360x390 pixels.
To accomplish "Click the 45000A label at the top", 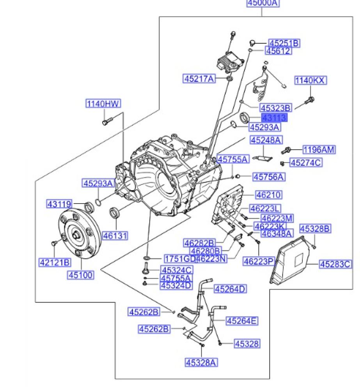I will [x=263, y=3].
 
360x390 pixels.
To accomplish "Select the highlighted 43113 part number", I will [x=274, y=118].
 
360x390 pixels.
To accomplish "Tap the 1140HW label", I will [x=103, y=104].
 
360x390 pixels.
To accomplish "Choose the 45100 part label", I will [x=82, y=275].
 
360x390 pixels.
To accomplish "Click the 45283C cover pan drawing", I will [x=292, y=259].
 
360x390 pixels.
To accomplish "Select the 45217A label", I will [x=199, y=79].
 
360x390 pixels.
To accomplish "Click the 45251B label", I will [x=284, y=43].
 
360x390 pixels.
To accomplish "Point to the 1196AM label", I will [x=319, y=150].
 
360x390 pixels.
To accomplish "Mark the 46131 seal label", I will [x=115, y=236].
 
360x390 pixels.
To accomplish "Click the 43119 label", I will [x=59, y=204].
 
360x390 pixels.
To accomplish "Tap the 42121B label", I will [x=55, y=262].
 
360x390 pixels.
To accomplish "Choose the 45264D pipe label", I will [x=231, y=289].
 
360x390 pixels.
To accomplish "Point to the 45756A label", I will [x=269, y=177].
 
